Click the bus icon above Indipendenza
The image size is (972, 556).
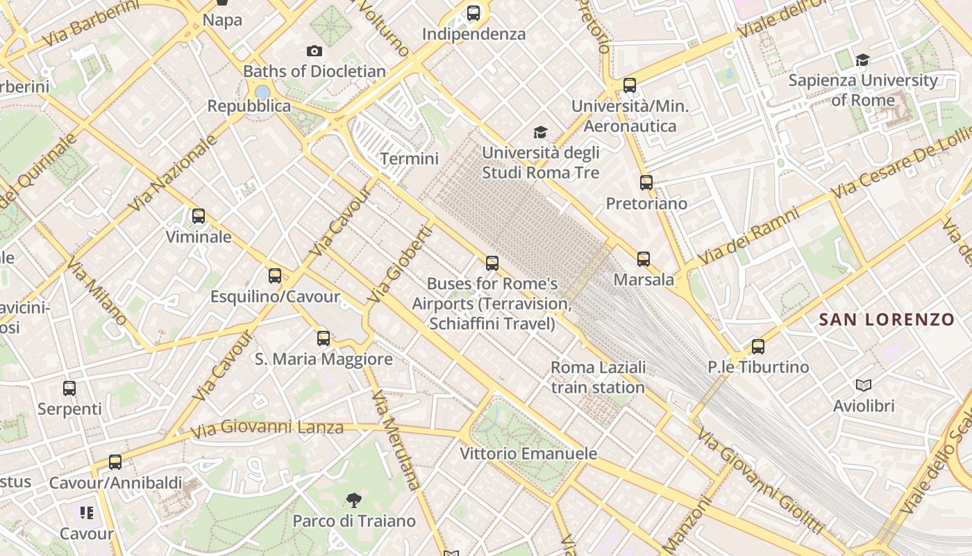tap(474, 13)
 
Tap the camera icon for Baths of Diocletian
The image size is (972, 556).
tap(315, 51)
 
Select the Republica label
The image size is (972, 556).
tap(249, 106)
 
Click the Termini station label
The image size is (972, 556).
tap(410, 159)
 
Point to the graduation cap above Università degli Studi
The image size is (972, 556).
tap(540, 132)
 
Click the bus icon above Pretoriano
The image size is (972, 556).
tap(646, 183)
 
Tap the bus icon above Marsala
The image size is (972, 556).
tap(644, 259)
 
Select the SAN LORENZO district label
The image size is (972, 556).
tap(887, 320)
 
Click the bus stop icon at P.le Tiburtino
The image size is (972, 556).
tap(758, 346)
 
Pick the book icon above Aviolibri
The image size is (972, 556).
tap(864, 385)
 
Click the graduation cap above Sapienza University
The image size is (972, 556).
tap(863, 60)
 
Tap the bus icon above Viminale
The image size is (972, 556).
tap(199, 216)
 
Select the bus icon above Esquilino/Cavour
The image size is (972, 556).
tap(275, 276)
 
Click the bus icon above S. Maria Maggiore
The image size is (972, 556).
tap(324, 338)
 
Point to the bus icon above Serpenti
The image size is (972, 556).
tap(69, 389)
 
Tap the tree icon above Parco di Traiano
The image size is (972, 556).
tap(354, 500)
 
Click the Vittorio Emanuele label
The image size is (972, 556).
tap(528, 454)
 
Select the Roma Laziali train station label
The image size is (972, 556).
tap(598, 377)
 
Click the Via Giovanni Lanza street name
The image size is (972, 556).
tap(267, 429)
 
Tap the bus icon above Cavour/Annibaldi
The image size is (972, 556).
tap(115, 461)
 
